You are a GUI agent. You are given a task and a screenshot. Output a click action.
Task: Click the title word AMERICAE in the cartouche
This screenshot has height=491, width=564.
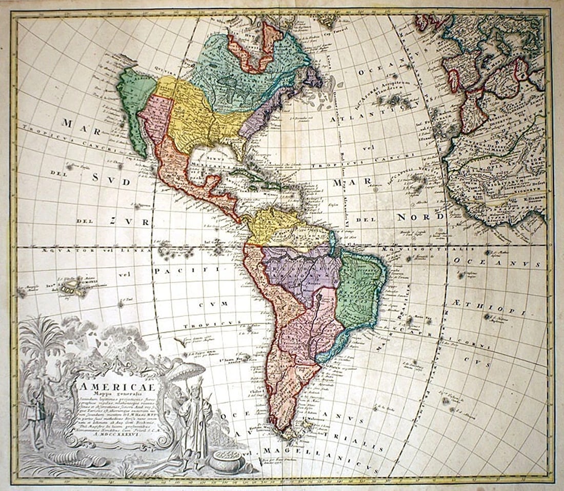[110, 383]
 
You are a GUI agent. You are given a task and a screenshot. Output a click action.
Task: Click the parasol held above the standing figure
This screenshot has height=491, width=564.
[187, 370]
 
